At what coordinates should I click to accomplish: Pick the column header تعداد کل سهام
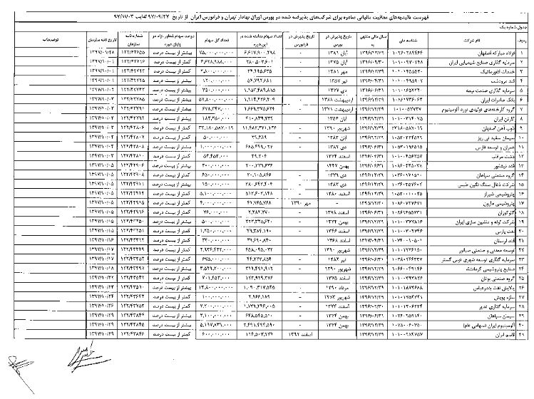(x=207, y=39)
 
